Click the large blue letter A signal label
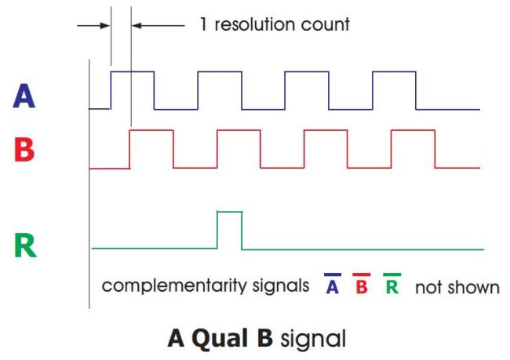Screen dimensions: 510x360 click(24, 96)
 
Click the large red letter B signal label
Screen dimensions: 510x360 click(24, 149)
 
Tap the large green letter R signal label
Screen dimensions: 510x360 click(25, 245)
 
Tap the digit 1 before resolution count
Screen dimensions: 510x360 click(203, 24)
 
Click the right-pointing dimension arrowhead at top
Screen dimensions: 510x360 click(105, 26)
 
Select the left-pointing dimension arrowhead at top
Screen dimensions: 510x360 click(137, 26)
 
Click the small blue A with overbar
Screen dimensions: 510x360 click(332, 284)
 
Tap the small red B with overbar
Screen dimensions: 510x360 click(362, 284)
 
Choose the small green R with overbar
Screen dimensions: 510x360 click(392, 284)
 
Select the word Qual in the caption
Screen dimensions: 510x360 click(220, 339)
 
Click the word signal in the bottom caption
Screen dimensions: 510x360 click(313, 339)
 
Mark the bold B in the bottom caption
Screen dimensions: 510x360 click(265, 338)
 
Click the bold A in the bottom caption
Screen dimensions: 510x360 click(176, 338)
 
